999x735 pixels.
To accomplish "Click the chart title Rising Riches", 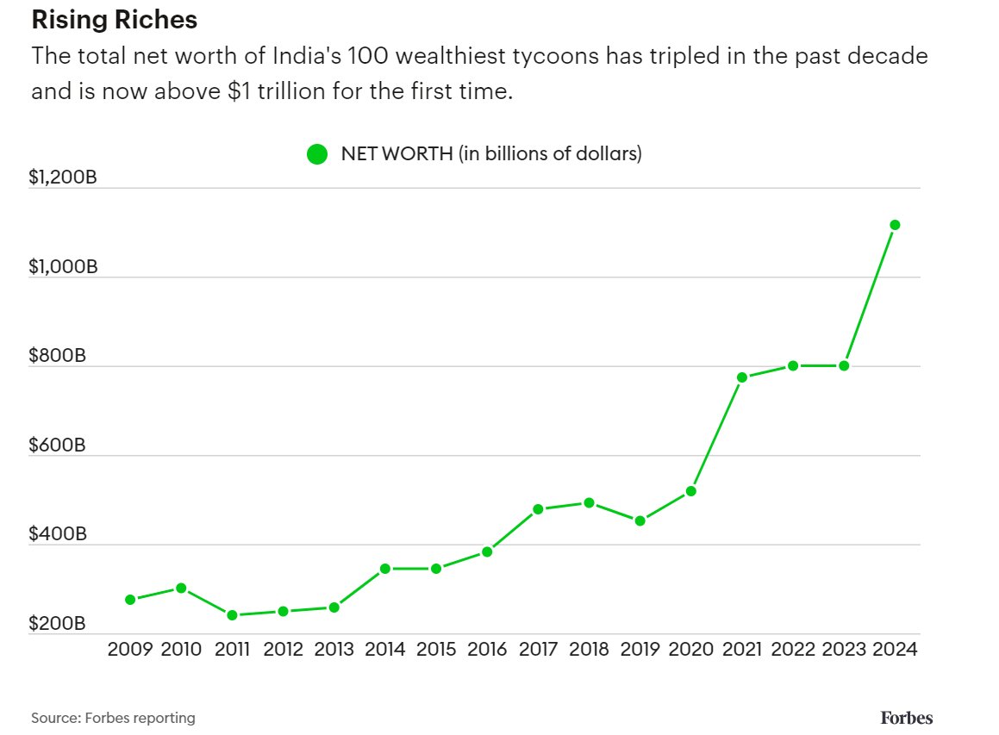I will (x=114, y=20).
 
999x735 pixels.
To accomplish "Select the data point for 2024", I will (x=895, y=225).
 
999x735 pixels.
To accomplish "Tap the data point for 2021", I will (x=741, y=377).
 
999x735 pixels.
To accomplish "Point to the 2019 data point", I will (x=640, y=520).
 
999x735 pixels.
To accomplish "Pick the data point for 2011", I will (x=232, y=615).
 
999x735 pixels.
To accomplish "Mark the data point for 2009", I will (x=130, y=600).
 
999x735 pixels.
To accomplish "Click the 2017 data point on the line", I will (x=538, y=509).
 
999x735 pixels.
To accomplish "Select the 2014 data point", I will (x=385, y=569).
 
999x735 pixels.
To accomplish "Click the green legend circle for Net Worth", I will (x=317, y=155).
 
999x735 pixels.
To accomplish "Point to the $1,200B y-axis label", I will (x=63, y=178).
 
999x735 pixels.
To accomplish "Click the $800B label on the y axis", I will (x=58, y=356).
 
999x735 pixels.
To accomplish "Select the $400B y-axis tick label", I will (x=58, y=534).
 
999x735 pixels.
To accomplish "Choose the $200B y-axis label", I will (x=58, y=624).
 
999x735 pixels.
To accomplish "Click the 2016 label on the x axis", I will (x=487, y=649).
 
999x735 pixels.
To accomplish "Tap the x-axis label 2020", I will (x=690, y=649).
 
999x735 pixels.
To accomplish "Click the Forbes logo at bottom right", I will (x=906, y=717).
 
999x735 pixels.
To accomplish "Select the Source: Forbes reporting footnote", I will (x=113, y=717).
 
